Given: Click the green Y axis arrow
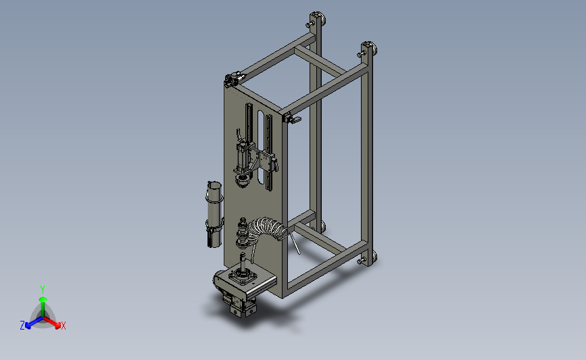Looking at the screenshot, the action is tap(43, 305).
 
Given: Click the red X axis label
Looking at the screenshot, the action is tap(63, 326).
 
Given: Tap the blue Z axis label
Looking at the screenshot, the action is tap(22, 326).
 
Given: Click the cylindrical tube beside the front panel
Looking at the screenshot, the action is tap(214, 214).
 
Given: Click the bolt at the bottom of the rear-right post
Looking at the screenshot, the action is tap(361, 261).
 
